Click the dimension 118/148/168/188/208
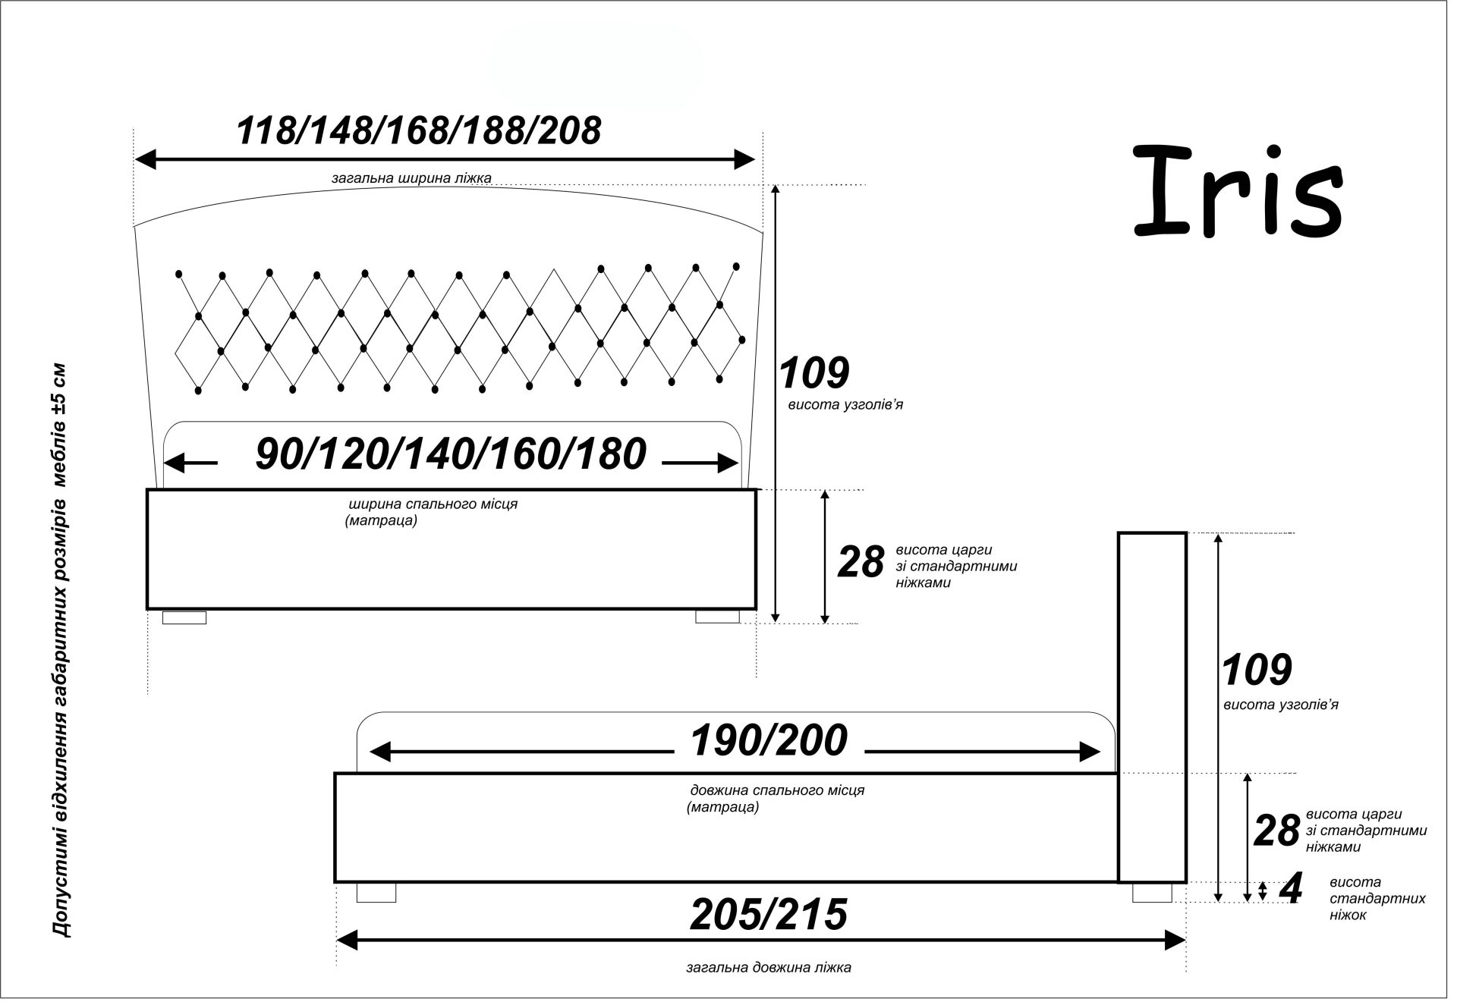[419, 130]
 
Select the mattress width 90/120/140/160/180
[451, 454]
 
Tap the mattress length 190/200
[769, 740]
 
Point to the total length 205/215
[768, 914]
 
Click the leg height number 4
[1290, 889]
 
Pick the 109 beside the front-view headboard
[814, 373]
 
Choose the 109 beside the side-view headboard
[1257, 670]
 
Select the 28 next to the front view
[861, 562]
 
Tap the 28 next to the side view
[1276, 831]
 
